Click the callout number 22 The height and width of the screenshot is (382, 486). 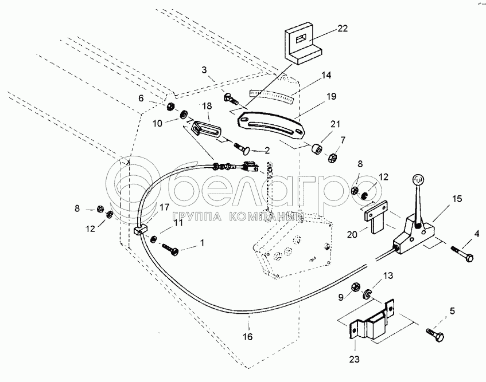pos(343,29)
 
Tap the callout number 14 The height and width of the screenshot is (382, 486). pos(326,75)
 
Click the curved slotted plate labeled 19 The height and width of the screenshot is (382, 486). pos(270,126)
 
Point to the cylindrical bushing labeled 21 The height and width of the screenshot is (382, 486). pos(317,149)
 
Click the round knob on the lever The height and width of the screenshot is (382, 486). pos(418,179)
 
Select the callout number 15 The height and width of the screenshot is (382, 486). pos(457,199)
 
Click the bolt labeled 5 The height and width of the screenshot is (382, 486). pos(436,335)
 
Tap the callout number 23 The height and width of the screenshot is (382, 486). pos(354,359)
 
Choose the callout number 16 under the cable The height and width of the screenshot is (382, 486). pos(248,336)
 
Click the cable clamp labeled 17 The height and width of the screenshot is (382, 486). pos(141,230)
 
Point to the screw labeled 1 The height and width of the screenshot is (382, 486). pos(170,249)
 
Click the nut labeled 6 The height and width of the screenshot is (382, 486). pos(170,107)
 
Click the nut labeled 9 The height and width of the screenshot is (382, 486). pos(355,288)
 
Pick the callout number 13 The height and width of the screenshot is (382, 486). pos(388,275)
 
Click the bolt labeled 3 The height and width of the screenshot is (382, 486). pos(230,99)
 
